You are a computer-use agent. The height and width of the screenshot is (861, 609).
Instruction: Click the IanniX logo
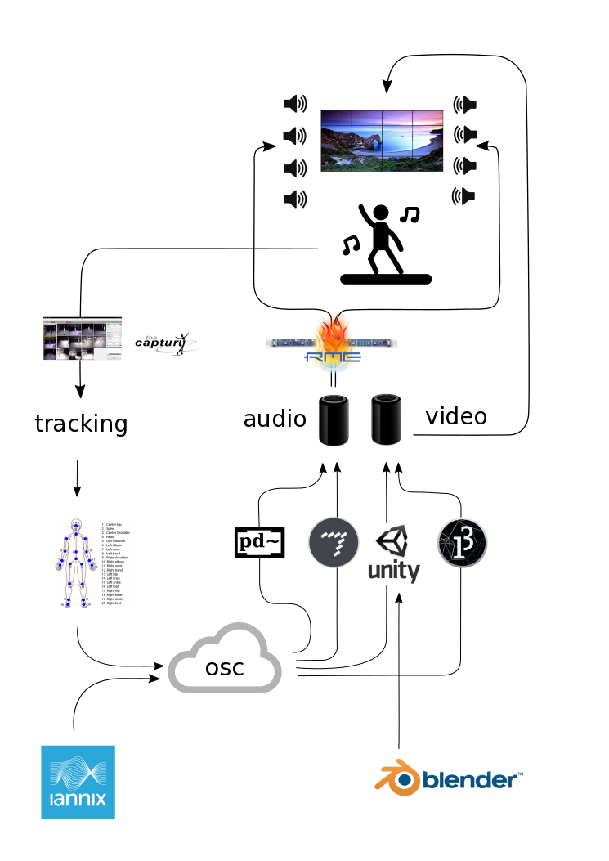pyautogui.click(x=78, y=782)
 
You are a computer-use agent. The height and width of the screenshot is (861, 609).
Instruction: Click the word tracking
pyautogui.click(x=81, y=424)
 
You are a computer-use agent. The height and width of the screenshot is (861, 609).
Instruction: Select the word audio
pyautogui.click(x=275, y=419)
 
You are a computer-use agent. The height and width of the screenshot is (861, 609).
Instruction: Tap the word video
pyautogui.click(x=456, y=416)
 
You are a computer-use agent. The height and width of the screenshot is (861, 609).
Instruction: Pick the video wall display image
pyautogui.click(x=381, y=141)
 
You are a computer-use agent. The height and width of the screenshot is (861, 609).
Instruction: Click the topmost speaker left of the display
pyautogui.click(x=294, y=104)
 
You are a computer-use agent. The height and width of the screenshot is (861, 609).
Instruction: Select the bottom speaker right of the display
pyautogui.click(x=464, y=195)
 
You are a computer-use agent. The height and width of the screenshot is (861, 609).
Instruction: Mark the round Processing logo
pyautogui.click(x=462, y=543)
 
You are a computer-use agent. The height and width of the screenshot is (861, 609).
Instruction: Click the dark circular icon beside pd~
pyautogui.click(x=334, y=543)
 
